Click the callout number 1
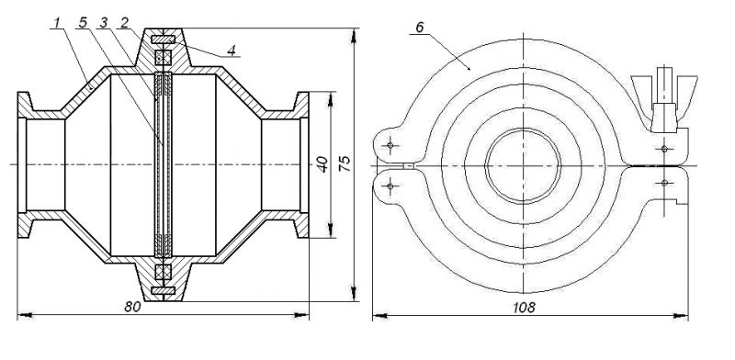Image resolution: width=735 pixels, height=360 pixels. click(x=57, y=22)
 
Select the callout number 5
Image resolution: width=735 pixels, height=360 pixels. click(x=83, y=22)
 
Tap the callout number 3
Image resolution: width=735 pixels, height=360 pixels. click(x=104, y=22)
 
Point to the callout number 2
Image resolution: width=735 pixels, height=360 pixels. click(x=124, y=22)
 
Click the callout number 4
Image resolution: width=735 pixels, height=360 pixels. click(x=232, y=51)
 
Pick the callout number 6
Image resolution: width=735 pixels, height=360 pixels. click(x=419, y=28)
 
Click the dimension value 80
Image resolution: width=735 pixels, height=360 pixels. click(x=133, y=307)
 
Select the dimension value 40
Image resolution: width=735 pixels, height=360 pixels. click(x=322, y=165)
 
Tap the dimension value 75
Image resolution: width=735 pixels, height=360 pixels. click(x=345, y=163)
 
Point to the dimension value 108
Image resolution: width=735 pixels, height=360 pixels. click(x=524, y=308)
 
